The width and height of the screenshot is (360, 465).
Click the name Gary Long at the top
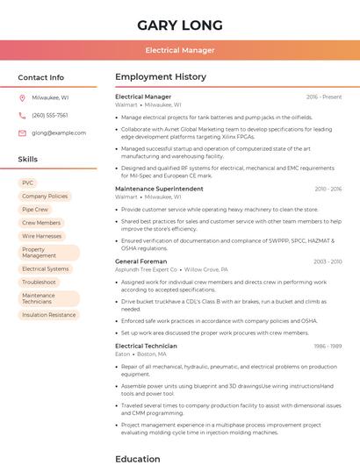point(179,25)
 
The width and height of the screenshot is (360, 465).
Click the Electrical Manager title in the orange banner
point(179,50)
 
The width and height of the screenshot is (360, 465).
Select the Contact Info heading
point(41,77)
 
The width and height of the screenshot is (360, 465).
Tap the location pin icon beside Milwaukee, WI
point(22,97)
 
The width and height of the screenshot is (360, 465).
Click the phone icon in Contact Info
point(22,115)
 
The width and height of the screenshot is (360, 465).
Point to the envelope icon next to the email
point(22,132)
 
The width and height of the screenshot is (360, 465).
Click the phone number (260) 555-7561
point(50,115)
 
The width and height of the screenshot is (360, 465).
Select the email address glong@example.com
point(59,132)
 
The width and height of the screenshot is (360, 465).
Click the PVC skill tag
point(28,182)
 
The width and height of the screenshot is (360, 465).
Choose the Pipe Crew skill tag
point(35,210)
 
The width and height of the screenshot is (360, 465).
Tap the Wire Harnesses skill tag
point(41,236)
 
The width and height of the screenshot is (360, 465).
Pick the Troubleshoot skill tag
point(39,282)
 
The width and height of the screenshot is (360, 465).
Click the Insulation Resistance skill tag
point(48,314)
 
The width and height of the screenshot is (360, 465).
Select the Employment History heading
point(160,77)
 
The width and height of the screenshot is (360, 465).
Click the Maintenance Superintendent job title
point(159,189)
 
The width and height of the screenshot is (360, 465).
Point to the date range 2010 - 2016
point(328,189)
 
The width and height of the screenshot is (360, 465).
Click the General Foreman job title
point(140,261)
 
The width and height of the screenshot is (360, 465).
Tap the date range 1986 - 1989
point(328,346)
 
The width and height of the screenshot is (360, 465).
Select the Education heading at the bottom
point(137,458)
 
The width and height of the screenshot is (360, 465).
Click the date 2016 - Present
point(324,97)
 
